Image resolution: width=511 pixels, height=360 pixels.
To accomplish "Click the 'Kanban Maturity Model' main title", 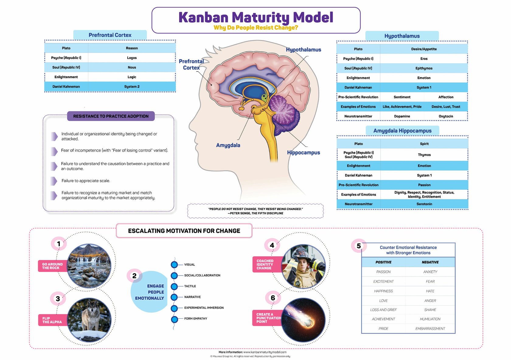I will point(255,17).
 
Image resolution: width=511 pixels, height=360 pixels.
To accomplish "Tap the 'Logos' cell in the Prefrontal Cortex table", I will point(132,58).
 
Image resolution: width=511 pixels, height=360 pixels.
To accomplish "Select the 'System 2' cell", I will point(132,87).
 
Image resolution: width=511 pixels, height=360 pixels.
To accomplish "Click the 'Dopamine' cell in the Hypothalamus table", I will point(402,116).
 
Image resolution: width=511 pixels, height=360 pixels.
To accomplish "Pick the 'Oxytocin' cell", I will point(446,116).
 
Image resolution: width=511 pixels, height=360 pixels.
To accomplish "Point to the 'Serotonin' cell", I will point(424,204).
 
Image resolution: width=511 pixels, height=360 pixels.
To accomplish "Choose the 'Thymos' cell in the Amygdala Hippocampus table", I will point(424,155).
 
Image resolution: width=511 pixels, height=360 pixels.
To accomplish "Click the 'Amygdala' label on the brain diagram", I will point(228,145).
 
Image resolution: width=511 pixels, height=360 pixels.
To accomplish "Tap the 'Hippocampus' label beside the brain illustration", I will point(303,153).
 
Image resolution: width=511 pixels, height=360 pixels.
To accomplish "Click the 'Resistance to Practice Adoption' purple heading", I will point(111,116).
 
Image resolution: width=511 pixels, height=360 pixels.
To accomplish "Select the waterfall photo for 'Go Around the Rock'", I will point(89,266).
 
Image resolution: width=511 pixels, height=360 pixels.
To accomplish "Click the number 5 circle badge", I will point(359,246).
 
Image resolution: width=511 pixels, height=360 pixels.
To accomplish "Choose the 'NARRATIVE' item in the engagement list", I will point(192,297).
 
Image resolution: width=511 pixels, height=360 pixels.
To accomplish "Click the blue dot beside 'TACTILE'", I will point(174,286).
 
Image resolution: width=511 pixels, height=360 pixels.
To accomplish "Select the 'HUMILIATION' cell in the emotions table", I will point(430,319).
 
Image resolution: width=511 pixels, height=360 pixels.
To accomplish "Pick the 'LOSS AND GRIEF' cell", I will point(383,310).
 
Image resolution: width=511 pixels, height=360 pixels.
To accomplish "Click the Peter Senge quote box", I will point(255,211).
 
